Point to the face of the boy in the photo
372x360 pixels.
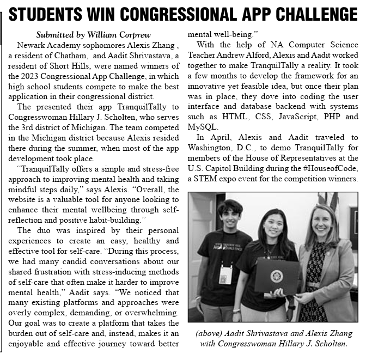(x=229, y=216)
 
